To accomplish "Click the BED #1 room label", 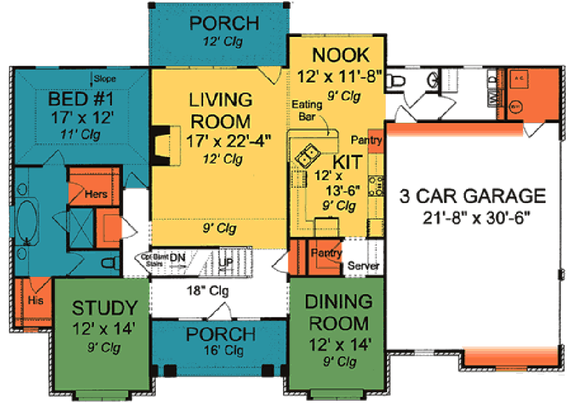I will click(x=82, y=100).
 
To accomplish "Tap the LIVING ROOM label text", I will click(x=220, y=110).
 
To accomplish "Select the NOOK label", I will click(x=341, y=55).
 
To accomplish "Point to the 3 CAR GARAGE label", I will click(x=472, y=196).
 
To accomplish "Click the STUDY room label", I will click(x=104, y=308).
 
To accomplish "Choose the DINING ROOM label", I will click(x=339, y=312).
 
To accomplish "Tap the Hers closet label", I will click(x=96, y=194).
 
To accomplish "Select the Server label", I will click(x=364, y=266).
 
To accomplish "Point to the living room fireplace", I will click(x=160, y=147).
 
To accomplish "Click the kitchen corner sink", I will click(x=307, y=153).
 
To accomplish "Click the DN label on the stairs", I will click(x=179, y=258).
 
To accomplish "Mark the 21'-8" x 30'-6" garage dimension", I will click(x=472, y=217).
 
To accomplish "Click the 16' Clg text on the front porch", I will click(x=220, y=350).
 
